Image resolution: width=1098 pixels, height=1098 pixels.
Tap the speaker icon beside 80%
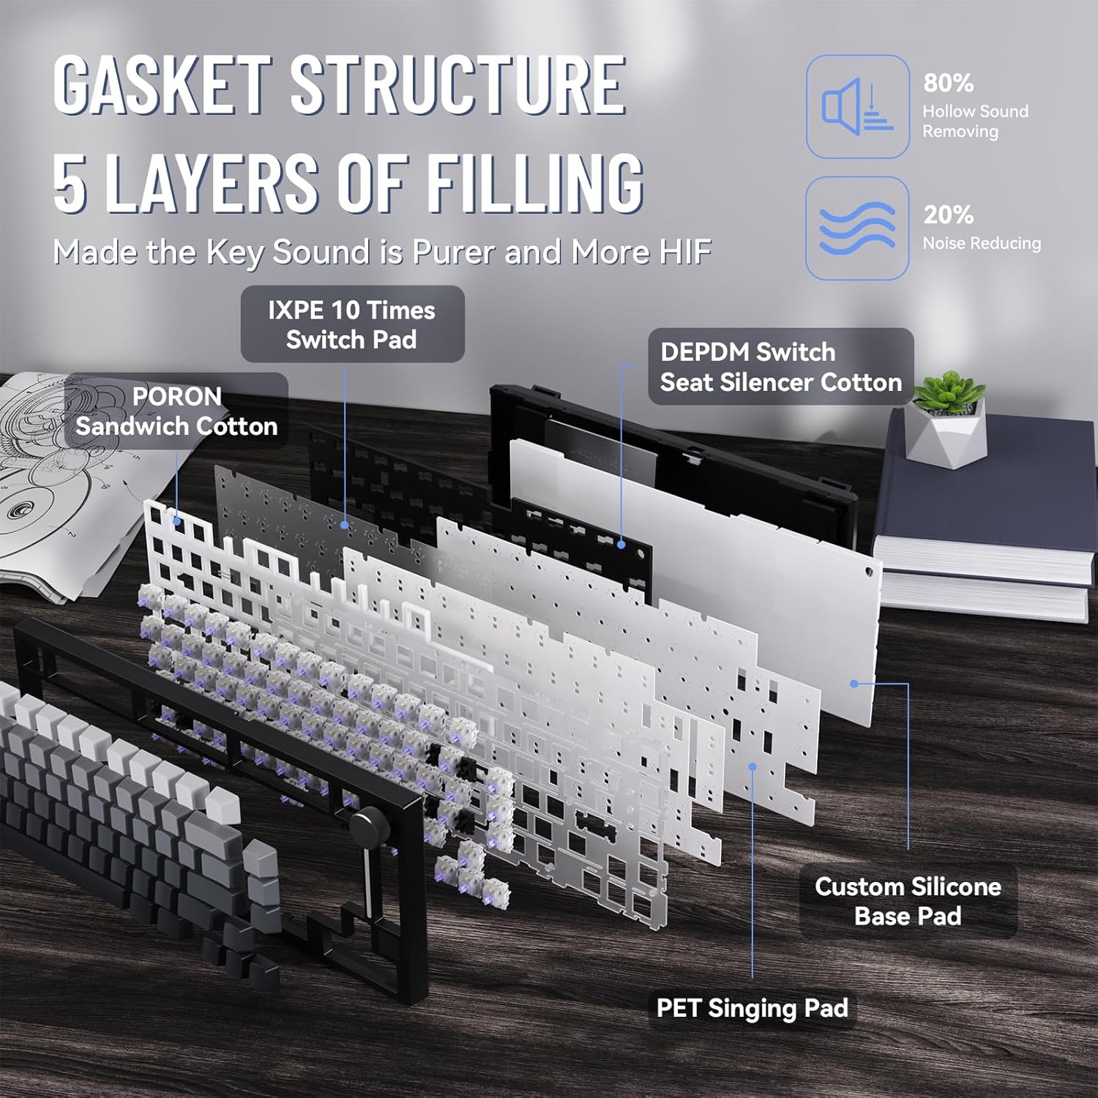pos(857,107)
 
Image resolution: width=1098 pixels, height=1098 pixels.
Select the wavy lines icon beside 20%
pos(857,228)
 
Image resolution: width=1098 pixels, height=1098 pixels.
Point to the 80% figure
pos(948,83)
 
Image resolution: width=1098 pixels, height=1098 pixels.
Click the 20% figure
pos(948,214)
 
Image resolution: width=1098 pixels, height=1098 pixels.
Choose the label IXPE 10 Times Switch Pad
pos(352,324)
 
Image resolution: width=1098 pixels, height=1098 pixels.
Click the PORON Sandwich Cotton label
pos(176,411)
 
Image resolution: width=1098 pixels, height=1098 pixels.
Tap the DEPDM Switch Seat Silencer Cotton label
pos(780,367)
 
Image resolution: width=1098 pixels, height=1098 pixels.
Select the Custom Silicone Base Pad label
pos(908,901)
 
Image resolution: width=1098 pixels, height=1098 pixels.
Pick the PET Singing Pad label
pos(752,1008)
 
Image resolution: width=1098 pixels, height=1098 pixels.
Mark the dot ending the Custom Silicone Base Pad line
pos(854,683)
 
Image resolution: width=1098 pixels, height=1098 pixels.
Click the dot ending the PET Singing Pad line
pos(752,766)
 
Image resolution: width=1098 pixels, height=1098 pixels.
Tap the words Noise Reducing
pos(981,243)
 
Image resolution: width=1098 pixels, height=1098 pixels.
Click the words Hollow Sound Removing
pos(975,121)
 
